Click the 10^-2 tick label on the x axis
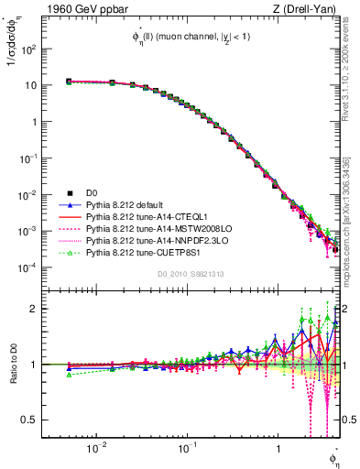tap(95, 449)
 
